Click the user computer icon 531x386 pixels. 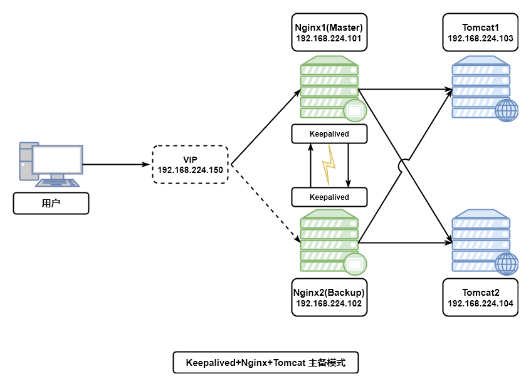(x=50, y=165)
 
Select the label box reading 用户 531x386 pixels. (x=51, y=204)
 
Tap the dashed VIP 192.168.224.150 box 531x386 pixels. (x=190, y=165)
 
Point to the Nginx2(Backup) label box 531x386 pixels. (x=329, y=298)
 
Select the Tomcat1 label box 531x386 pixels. (x=480, y=33)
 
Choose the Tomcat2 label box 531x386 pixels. (x=480, y=298)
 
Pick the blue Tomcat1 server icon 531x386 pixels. (x=480, y=87)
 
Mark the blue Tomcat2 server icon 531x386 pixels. (x=480, y=241)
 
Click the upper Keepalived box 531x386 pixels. (x=329, y=133)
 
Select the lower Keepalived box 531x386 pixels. (x=329, y=197)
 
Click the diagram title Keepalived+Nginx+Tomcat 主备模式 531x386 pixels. (x=266, y=363)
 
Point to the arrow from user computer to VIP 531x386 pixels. (x=117, y=165)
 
